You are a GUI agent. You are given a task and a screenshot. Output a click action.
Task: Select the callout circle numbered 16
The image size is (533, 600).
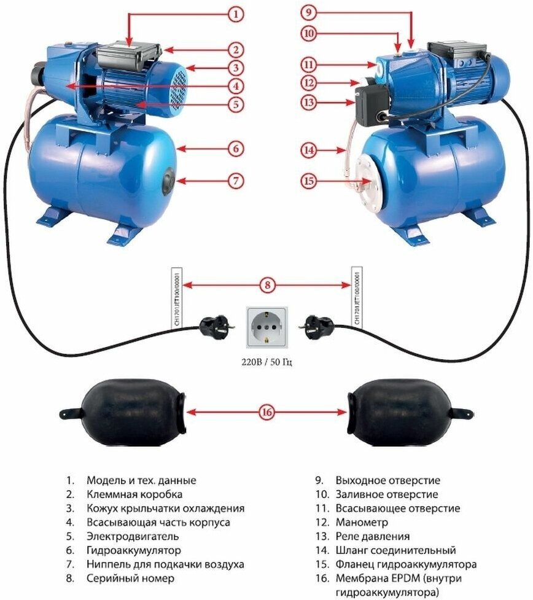tap(266, 413)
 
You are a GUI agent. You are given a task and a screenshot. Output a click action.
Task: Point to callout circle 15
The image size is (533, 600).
tap(309, 181)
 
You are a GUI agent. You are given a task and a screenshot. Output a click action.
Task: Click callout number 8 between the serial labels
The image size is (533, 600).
tap(266, 285)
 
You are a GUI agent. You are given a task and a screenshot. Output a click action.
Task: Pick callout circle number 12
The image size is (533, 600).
tap(309, 82)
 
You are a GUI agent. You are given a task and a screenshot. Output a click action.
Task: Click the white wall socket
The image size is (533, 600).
tap(266, 328)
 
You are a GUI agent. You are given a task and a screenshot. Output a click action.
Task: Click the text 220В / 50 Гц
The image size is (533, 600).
tap(266, 363)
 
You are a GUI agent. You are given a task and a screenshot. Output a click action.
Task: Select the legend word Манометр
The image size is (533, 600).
tap(362, 522)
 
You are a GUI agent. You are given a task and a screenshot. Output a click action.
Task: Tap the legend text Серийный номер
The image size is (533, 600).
tap(130, 578)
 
